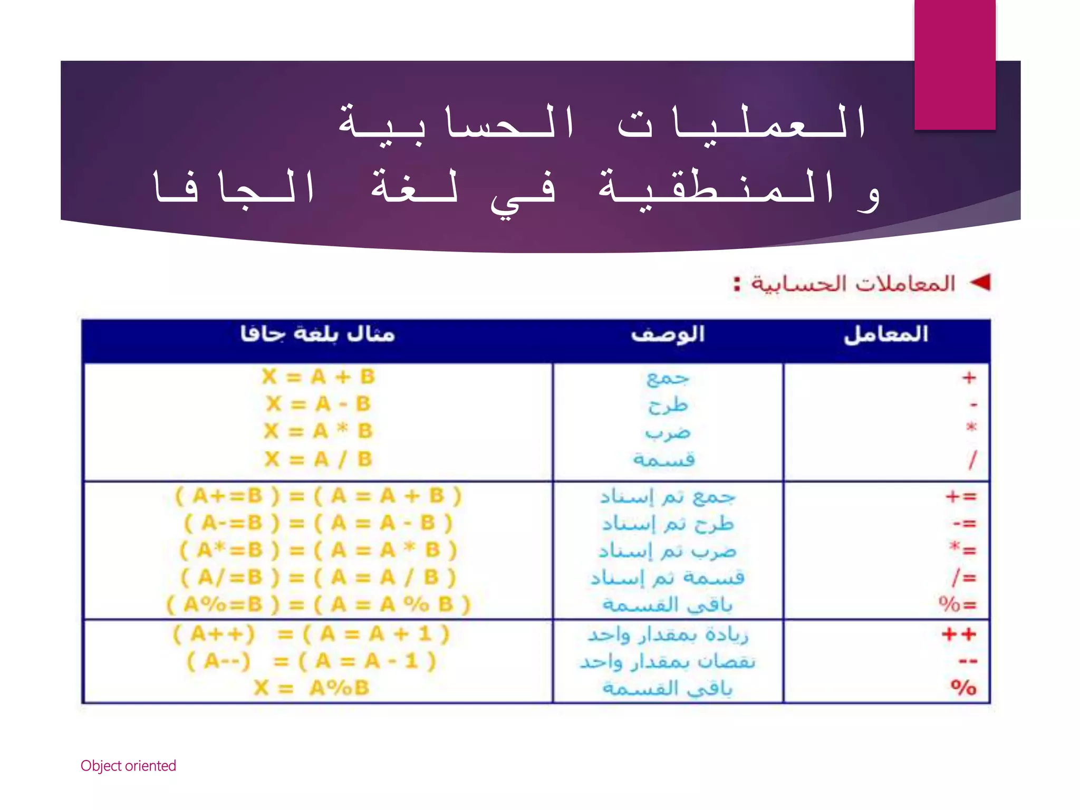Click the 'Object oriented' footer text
click(128, 766)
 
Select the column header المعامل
click(886, 334)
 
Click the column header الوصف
click(668, 334)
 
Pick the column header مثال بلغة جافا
click(317, 334)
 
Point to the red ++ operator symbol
click(959, 634)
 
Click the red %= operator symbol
click(958, 604)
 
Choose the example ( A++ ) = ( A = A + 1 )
click(311, 634)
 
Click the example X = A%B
click(311, 688)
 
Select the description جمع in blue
click(668, 378)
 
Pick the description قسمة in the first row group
click(664, 460)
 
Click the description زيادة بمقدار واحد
click(668, 634)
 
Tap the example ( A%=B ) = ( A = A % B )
click(318, 604)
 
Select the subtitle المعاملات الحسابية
click(853, 284)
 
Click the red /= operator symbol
click(964, 577)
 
